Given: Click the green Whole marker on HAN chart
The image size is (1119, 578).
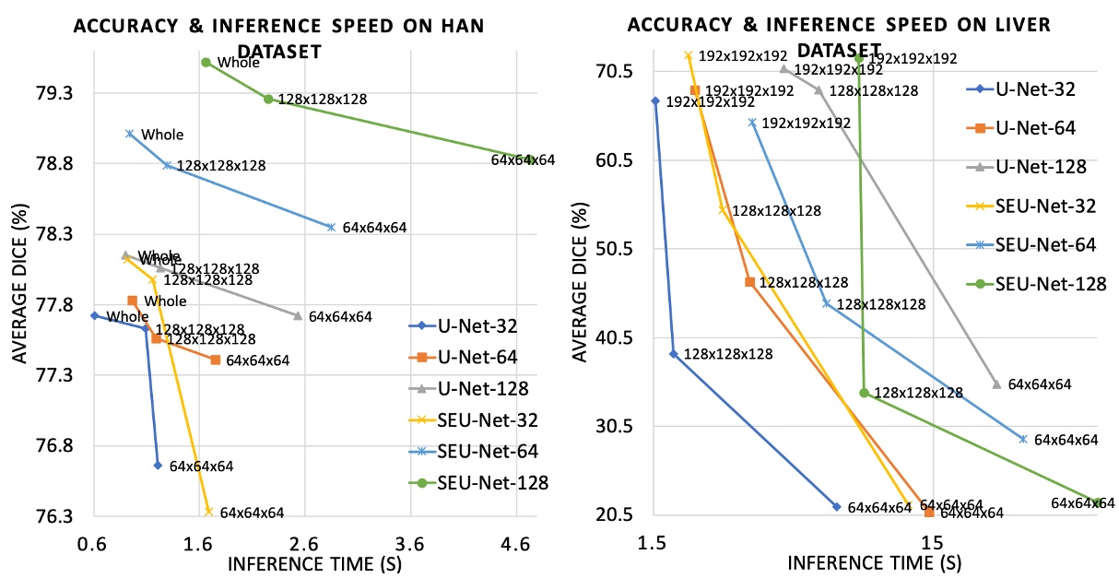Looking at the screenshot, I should pyautogui.click(x=206, y=63).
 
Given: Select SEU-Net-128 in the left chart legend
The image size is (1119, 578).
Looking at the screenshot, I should pyautogui.click(x=492, y=483).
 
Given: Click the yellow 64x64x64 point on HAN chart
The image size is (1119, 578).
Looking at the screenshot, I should pyautogui.click(x=208, y=511).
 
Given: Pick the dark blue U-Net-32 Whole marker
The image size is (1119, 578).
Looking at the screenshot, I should pyautogui.click(x=93, y=315).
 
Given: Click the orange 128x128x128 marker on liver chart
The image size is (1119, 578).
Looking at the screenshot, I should pyautogui.click(x=749, y=282).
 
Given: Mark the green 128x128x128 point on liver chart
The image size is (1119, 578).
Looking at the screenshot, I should pyautogui.click(x=864, y=393).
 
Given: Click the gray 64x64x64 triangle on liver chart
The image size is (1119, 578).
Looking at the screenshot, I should pyautogui.click(x=996, y=383).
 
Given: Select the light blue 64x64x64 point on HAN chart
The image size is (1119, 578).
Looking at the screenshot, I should pyautogui.click(x=331, y=227).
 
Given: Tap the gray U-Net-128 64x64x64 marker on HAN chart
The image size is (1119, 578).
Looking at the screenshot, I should pyautogui.click(x=297, y=316).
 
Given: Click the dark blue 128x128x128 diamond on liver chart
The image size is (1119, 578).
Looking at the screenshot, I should pyautogui.click(x=673, y=354).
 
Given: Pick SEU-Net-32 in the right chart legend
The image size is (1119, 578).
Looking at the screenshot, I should pyautogui.click(x=1045, y=206).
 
